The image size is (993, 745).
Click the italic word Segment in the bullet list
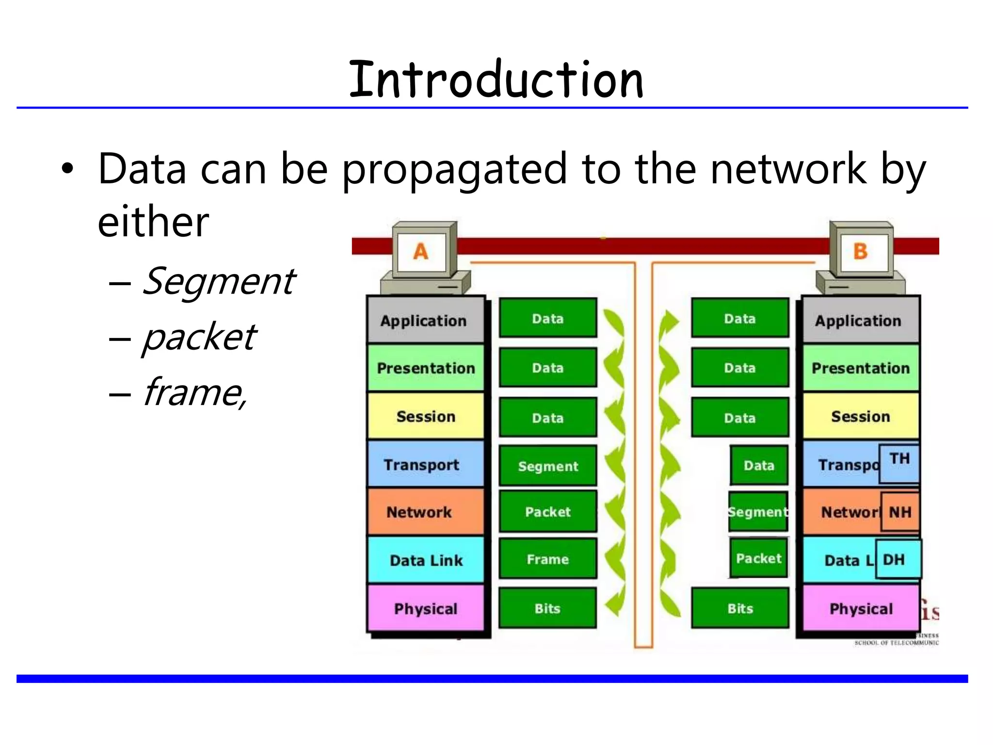pyautogui.click(x=218, y=281)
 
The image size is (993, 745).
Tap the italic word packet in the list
pyautogui.click(x=199, y=337)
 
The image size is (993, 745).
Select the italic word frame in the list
pyautogui.click(x=194, y=392)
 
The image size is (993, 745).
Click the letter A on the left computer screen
pyautogui.click(x=420, y=252)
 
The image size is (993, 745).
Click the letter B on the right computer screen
pyautogui.click(x=860, y=251)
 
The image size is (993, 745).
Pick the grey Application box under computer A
pyautogui.click(x=425, y=320)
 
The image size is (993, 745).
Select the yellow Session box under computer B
pyautogui.click(x=860, y=416)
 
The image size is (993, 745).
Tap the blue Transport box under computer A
pyautogui.click(x=425, y=464)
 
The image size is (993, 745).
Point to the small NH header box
pyautogui.click(x=900, y=512)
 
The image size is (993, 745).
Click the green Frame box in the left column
pyautogui.click(x=548, y=559)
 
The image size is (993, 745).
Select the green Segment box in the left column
pyautogui.click(x=548, y=466)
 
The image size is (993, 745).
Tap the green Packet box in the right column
pyautogui.click(x=758, y=558)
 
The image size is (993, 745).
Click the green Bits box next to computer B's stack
pyautogui.click(x=740, y=608)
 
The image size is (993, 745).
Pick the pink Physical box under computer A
pyautogui.click(x=425, y=608)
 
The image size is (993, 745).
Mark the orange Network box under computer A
pyautogui.click(x=425, y=512)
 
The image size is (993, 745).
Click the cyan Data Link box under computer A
pyautogui.click(x=425, y=560)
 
